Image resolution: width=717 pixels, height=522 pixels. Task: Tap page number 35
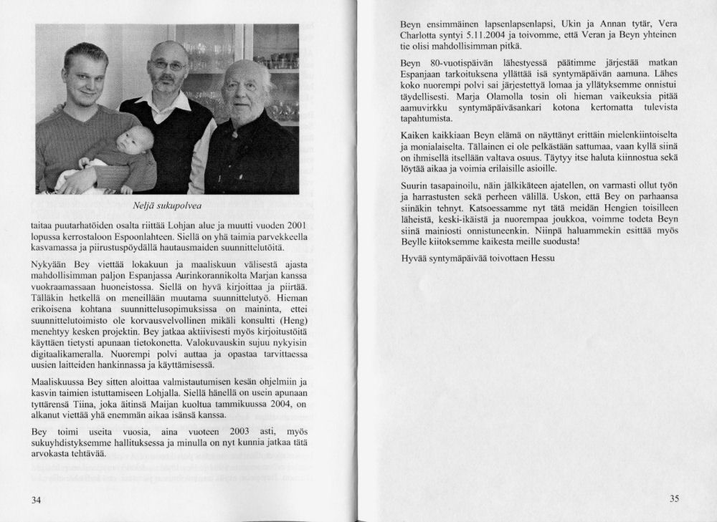(x=673, y=499)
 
